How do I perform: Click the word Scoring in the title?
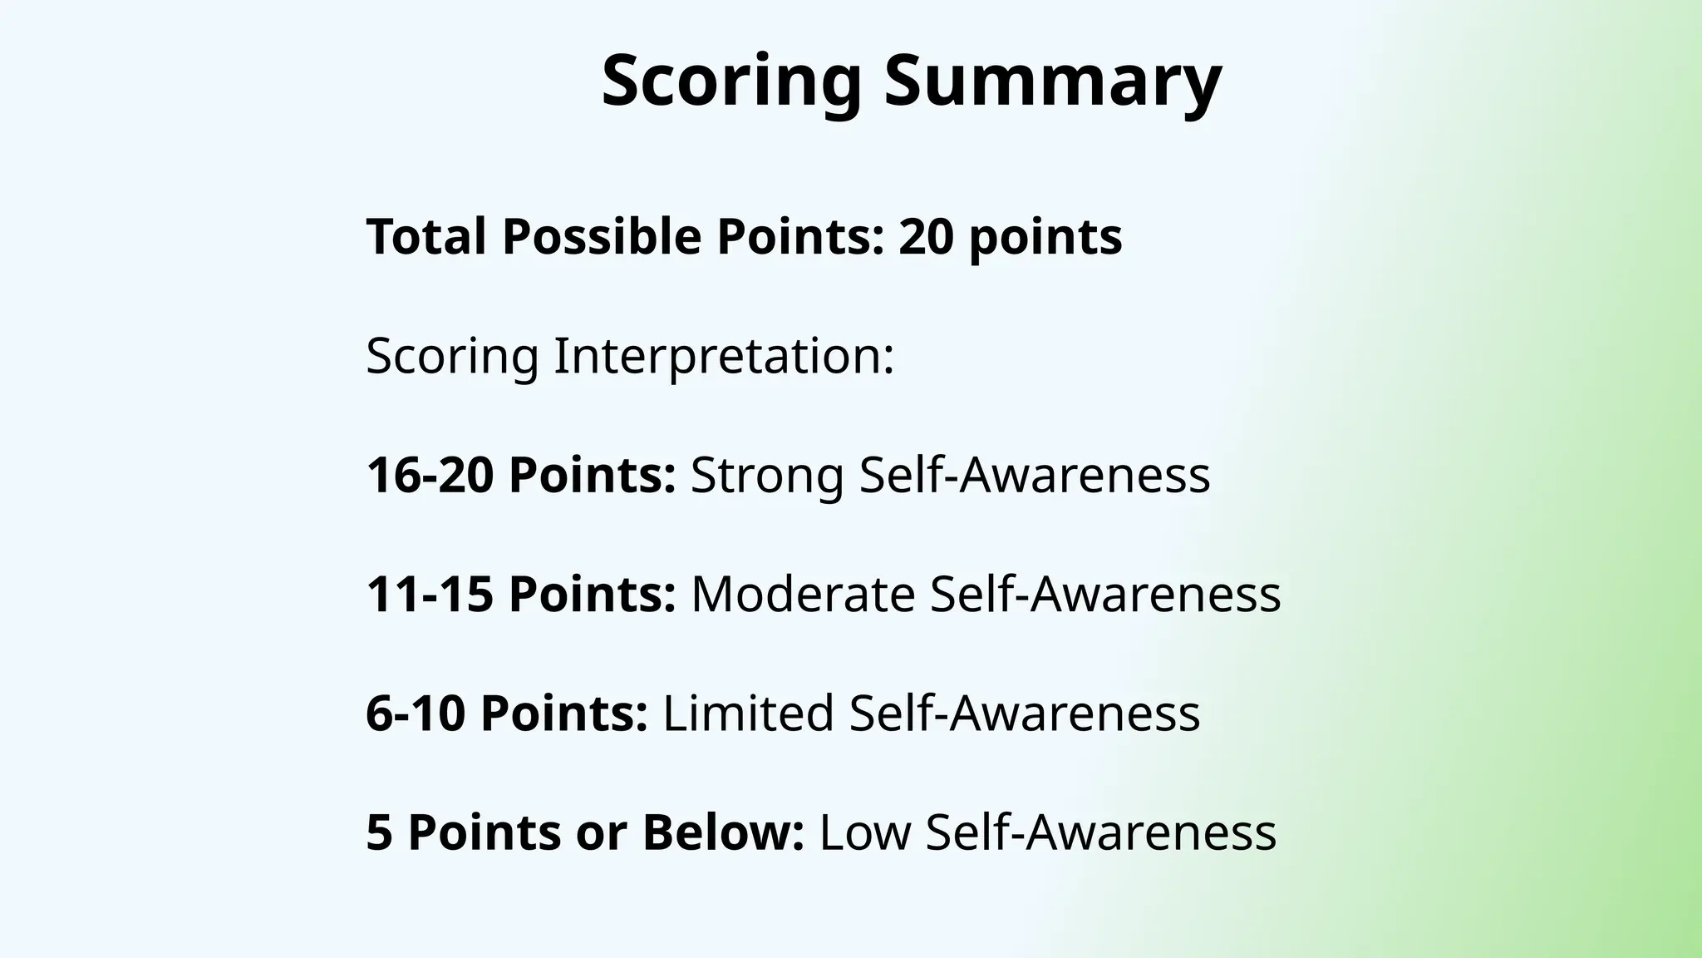(731, 81)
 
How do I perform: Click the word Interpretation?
(723, 356)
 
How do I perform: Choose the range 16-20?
(430, 475)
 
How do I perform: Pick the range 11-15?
(430, 594)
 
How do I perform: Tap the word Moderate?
(803, 594)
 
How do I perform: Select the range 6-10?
(416, 713)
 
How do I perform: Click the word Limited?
(748, 713)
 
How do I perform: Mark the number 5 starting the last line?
(379, 832)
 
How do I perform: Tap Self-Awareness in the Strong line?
(1035, 475)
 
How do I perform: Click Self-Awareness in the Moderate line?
(1105, 594)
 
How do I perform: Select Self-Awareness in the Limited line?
(1025, 713)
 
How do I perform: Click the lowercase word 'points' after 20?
(1045, 236)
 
